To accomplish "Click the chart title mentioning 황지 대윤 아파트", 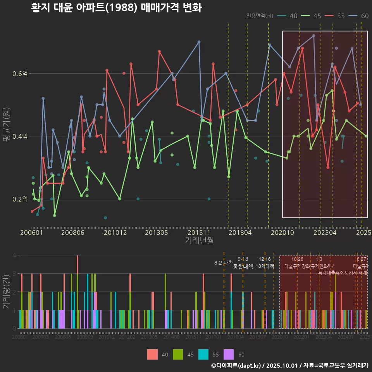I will click(116, 8).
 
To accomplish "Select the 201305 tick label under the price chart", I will click(157, 232).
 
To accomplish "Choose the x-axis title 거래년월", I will click(199, 241).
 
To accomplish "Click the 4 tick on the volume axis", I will click(14, 255).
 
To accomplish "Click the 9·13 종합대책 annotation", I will click(243, 263).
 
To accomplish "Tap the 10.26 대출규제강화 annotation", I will click(297, 263).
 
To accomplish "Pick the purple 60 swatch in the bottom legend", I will click(229, 354).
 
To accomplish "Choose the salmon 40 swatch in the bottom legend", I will click(152, 354).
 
